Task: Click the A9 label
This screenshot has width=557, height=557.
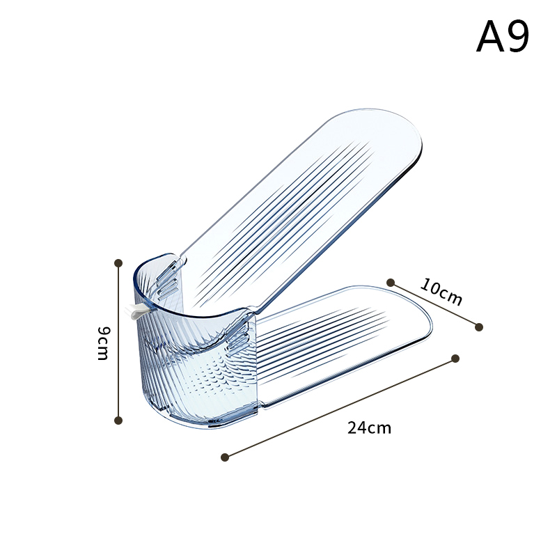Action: coord(503,37)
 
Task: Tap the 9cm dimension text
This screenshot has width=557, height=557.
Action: coord(104,343)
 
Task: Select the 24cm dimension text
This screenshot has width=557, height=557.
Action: coord(369,427)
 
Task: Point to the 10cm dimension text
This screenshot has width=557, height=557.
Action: coord(441,292)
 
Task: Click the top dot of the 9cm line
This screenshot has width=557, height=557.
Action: coord(118,263)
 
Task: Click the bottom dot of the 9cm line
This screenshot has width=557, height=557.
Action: coord(118,421)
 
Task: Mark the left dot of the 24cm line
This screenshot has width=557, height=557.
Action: coord(224,457)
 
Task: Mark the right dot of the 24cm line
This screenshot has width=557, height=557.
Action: coord(455,359)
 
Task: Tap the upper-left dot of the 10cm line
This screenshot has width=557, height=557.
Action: coord(391,283)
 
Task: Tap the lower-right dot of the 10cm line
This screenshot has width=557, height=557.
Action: coord(479,327)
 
